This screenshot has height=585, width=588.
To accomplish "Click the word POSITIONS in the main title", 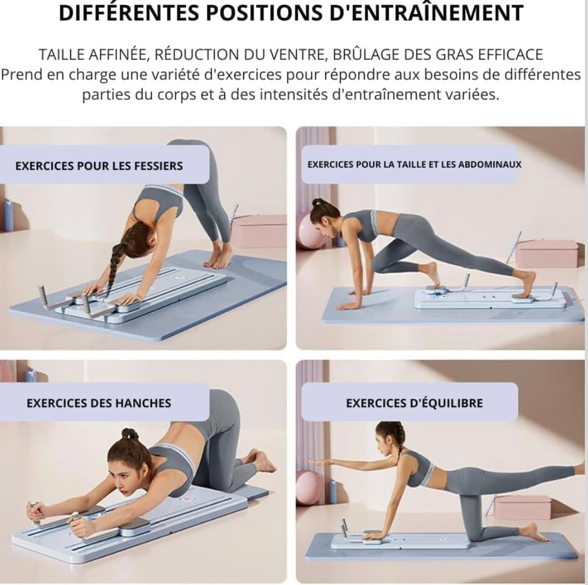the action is click(266, 13).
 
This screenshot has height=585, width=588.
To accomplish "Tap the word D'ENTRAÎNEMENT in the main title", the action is click(426, 13).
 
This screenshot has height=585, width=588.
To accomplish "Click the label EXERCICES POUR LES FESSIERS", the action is click(99, 166).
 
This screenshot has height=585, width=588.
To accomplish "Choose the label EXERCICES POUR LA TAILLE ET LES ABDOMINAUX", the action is click(414, 164).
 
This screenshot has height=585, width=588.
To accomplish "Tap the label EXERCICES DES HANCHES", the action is click(99, 403).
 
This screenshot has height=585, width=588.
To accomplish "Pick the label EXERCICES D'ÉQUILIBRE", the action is click(414, 403).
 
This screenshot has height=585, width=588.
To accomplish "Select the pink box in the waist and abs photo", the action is click(547, 253).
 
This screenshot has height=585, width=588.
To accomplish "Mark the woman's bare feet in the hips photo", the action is click(259, 461).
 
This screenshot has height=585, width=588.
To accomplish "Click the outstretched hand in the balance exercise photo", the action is click(319, 463).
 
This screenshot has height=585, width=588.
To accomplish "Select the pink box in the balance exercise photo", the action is click(522, 507).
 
